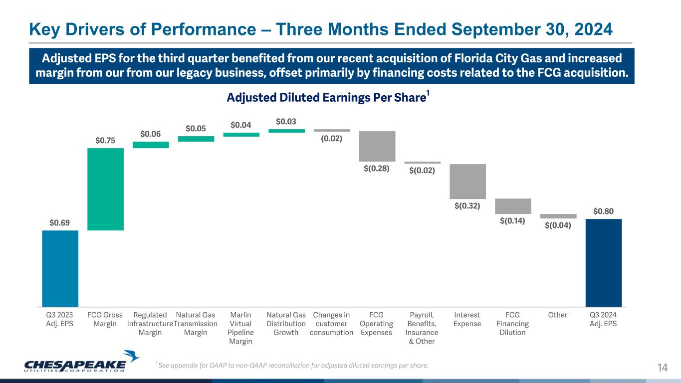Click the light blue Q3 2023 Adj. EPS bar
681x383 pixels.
(x=60, y=268)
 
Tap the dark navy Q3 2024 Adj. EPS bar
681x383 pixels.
(x=604, y=262)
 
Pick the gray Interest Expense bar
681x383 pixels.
(x=468, y=182)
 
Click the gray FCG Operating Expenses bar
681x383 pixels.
(x=377, y=146)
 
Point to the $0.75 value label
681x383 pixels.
(x=105, y=141)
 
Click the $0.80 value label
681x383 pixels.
(x=604, y=211)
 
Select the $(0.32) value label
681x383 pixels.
(x=468, y=205)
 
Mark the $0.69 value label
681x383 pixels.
(x=60, y=223)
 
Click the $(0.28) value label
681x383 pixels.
(x=377, y=169)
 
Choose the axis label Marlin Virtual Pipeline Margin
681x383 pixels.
(x=241, y=328)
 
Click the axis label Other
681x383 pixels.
(x=558, y=315)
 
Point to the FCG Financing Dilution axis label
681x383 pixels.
(x=512, y=324)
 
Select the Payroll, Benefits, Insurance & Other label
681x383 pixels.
(x=422, y=328)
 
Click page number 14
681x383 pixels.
(x=662, y=368)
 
